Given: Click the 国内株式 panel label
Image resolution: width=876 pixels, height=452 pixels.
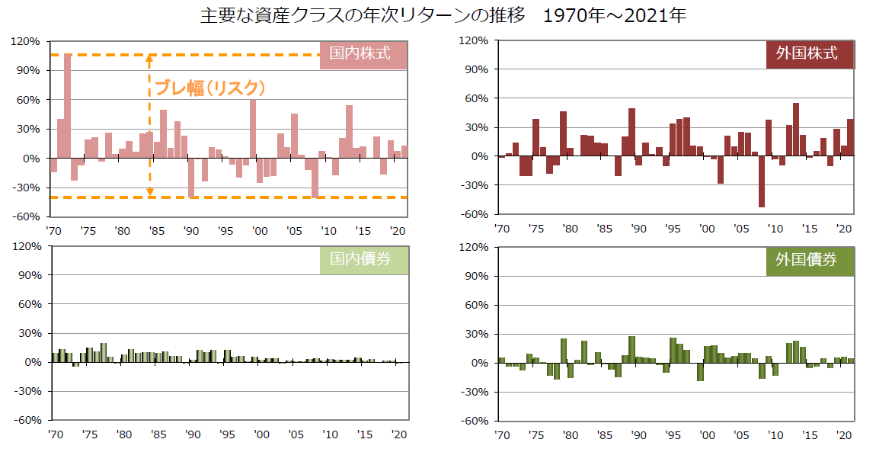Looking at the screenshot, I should pyautogui.click(x=360, y=54).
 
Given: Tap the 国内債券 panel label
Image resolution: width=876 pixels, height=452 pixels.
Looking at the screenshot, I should pyautogui.click(x=360, y=259).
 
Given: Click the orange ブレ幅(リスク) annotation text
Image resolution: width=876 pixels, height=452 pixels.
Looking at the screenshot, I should pyautogui.click(x=209, y=88).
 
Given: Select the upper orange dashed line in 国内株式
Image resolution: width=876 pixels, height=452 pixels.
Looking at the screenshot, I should pyautogui.click(x=229, y=55).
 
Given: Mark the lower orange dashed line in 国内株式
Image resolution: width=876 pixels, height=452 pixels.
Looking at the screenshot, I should pyautogui.click(x=229, y=197).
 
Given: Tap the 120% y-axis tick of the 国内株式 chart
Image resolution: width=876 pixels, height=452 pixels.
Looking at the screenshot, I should pyautogui.click(x=26, y=41).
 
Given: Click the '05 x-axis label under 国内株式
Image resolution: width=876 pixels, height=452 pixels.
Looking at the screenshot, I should pyautogui.click(x=293, y=230).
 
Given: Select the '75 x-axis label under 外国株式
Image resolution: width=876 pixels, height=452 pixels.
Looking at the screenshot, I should pyautogui.click(x=536, y=229).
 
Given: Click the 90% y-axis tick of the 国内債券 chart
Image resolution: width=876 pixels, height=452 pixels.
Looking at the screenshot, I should pyautogui.click(x=27, y=276).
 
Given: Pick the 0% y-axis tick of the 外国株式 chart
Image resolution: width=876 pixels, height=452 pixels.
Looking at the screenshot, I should pyautogui.click(x=478, y=156).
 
